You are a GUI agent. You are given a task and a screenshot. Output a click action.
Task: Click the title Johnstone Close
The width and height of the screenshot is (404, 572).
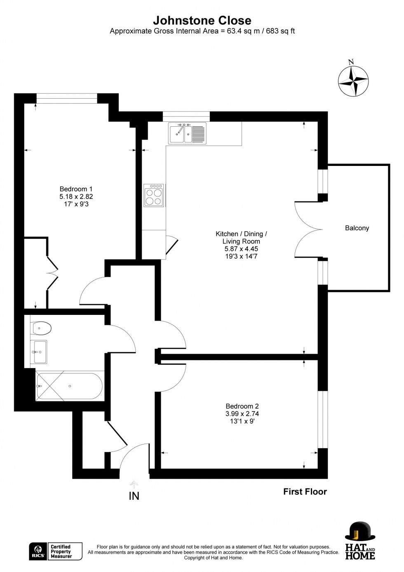[202, 20]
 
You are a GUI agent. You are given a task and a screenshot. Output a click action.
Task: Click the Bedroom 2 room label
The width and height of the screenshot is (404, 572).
[242, 406]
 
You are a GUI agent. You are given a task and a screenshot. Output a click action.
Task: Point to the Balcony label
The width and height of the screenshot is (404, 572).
[357, 228]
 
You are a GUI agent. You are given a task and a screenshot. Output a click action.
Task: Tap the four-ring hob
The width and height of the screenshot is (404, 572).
[154, 195]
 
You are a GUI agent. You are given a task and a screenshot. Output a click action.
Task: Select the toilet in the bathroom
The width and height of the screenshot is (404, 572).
[41, 329]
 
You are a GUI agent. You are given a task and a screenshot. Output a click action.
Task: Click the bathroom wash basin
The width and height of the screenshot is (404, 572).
[40, 352]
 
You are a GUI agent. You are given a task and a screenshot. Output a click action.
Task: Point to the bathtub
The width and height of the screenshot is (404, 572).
[69, 386]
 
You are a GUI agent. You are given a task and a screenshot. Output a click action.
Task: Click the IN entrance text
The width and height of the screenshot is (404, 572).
[134, 496]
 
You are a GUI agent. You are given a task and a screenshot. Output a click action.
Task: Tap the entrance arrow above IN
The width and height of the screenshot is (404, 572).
[134, 485]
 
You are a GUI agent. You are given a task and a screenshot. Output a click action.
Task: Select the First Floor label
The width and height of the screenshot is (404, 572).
[305, 492]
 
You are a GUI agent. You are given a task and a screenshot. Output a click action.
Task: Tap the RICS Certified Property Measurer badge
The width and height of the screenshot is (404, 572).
[56, 551]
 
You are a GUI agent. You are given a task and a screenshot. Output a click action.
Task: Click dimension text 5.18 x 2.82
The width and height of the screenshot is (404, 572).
[76, 196]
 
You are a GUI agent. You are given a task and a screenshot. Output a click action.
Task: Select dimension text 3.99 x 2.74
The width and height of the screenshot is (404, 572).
[242, 414]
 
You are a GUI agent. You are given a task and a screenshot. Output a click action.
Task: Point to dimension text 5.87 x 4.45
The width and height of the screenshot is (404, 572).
[241, 249]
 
